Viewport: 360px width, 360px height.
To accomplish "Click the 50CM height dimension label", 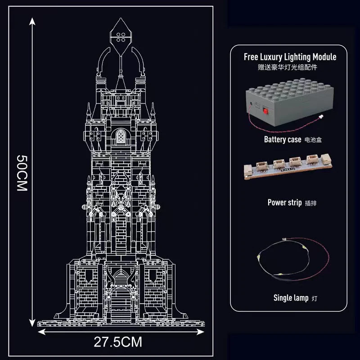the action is (x=22, y=173).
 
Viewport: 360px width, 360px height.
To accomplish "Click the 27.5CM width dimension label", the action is (x=118, y=342).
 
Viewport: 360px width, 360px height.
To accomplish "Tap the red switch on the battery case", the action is (x=265, y=111).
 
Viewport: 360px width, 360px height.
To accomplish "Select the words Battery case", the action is (x=283, y=139).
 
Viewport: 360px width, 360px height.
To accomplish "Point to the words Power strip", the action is (x=284, y=202).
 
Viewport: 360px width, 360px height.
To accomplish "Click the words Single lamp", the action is (x=291, y=298).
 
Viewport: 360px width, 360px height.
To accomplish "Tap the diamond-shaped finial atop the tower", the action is (x=121, y=37).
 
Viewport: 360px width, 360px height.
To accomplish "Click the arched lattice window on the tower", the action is (x=121, y=137).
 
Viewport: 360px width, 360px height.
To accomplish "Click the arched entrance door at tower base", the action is (x=121, y=303).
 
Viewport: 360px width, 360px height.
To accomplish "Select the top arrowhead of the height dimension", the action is (x=32, y=21).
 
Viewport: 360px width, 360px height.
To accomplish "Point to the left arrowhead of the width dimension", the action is (x=41, y=332).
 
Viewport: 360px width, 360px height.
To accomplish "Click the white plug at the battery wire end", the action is (x=320, y=117).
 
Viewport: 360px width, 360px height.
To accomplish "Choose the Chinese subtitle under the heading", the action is (x=288, y=67).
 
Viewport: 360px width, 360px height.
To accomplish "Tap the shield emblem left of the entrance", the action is (x=89, y=275).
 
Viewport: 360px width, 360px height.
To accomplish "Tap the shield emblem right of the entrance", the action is (x=153, y=275).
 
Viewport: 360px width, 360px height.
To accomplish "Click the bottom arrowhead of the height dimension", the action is (x=32, y=323).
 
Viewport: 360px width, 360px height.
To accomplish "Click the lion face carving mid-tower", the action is (x=121, y=196).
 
